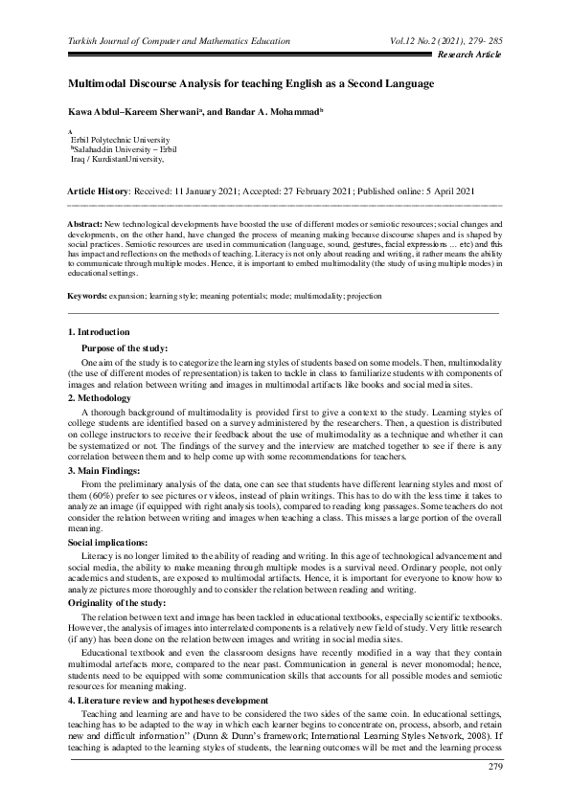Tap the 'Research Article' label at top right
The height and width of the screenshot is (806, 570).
(468, 56)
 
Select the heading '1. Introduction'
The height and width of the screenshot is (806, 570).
(100, 331)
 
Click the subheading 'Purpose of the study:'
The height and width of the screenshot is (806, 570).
(125, 347)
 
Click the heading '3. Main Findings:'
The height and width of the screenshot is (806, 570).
(107, 471)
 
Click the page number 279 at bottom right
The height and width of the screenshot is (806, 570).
(494, 768)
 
